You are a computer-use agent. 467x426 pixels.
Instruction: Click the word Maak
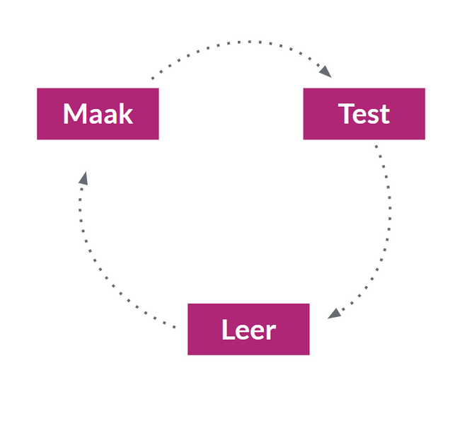[98, 114]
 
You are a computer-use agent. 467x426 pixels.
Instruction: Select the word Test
[364, 114]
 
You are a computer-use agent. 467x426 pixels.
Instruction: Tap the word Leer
[248, 330]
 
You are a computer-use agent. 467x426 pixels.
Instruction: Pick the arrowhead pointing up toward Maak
[83, 178]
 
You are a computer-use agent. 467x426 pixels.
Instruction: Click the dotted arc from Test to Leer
[388, 226]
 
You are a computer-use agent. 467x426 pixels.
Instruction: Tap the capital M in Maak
[75, 114]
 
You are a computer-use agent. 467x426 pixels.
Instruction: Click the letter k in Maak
[125, 114]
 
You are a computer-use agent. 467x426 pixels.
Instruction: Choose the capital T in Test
[347, 114]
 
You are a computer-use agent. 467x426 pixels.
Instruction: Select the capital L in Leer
[229, 330]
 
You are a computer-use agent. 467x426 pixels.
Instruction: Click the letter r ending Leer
[270, 331]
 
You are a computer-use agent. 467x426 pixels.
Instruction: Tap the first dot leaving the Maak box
[153, 78]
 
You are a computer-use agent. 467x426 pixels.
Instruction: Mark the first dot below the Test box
[376, 147]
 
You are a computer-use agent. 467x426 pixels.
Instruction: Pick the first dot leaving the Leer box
[175, 327]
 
